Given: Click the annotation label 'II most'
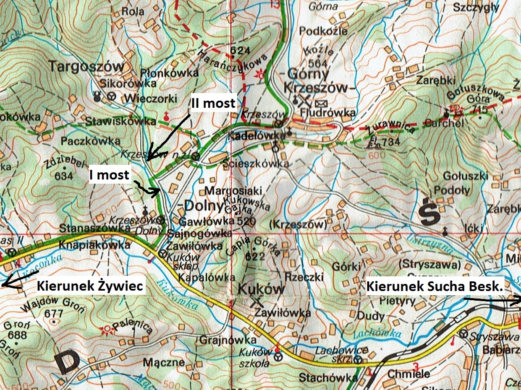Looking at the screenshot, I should pyautogui.click(x=213, y=104).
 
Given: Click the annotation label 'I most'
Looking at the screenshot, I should pyautogui.click(x=110, y=175).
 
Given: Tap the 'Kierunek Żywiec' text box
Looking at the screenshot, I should pyautogui.click(x=90, y=286).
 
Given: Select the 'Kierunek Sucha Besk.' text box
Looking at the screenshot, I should pyautogui.click(x=435, y=286).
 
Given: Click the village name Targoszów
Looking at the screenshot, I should pyautogui.click(x=87, y=67).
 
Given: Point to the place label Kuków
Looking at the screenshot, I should pyautogui.click(x=261, y=289).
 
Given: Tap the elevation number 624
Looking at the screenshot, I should pyautogui.click(x=237, y=51).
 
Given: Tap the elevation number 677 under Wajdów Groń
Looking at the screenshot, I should pyautogui.click(x=53, y=313).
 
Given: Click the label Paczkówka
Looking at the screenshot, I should pyautogui.click(x=90, y=140).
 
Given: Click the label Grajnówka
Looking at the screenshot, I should pyautogui.click(x=228, y=339).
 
